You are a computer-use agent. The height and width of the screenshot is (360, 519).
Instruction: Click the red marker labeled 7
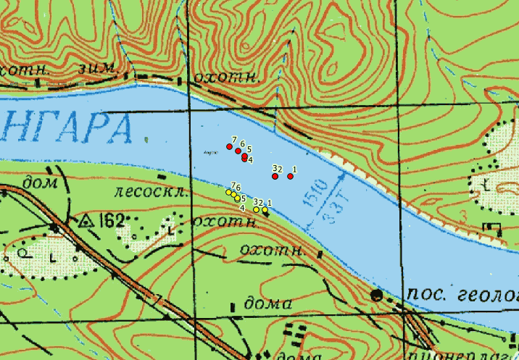pyautogui.click(x=229, y=146)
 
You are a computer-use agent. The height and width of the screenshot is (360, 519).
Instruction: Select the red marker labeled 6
pyautogui.click(x=238, y=151)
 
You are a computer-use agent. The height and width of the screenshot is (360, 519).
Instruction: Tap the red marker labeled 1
pyautogui.click(x=290, y=176)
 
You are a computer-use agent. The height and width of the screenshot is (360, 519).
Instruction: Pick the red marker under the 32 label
pyautogui.click(x=275, y=176)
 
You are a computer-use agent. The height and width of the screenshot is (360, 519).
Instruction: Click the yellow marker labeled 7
pyautogui.click(x=228, y=193)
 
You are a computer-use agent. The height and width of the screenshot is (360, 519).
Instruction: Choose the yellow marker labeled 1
pyautogui.click(x=265, y=210)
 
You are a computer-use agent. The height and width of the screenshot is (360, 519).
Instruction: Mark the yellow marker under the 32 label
pyautogui.click(x=256, y=209)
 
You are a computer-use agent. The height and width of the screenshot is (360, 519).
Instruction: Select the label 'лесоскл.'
pyautogui.click(x=151, y=193)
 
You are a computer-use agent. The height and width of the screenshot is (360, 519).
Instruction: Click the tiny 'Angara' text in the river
pyautogui.click(x=212, y=153)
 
